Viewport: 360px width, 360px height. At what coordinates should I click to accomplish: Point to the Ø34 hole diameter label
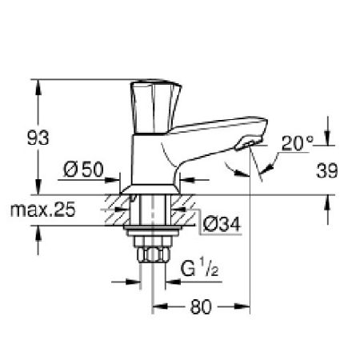pyautogui.click(x=222, y=226)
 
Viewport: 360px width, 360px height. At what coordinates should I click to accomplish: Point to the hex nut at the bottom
pyautogui.click(x=152, y=256)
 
